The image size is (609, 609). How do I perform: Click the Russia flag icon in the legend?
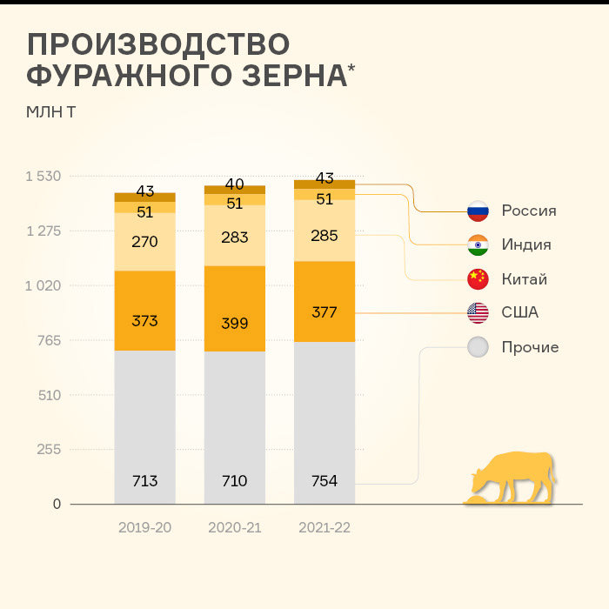(478, 211)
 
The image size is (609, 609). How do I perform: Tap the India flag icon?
(478, 245)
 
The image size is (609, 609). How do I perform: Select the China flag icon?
(478, 279)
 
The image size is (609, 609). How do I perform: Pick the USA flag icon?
(478, 312)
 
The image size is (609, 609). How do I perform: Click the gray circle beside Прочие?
(478, 347)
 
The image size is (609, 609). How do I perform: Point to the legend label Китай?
(524, 279)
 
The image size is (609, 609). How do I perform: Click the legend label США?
(520, 312)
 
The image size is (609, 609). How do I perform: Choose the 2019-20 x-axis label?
(144, 527)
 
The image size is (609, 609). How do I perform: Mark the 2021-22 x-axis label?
(325, 527)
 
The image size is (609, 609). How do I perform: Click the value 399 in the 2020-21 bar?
(234, 324)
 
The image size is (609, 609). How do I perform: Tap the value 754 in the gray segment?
(325, 481)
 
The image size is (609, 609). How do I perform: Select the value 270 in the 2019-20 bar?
(144, 242)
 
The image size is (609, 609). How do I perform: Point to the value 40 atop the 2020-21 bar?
(234, 184)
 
